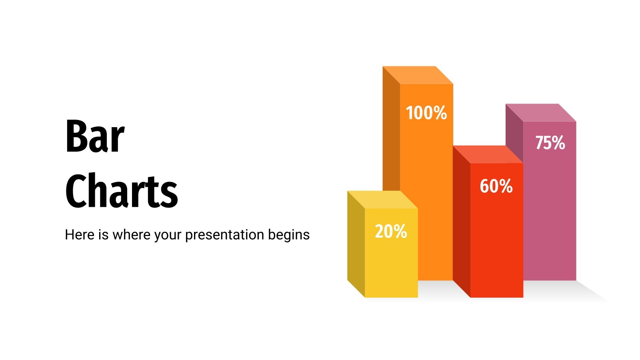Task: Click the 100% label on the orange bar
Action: click(x=426, y=113)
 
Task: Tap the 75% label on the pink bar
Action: click(x=550, y=143)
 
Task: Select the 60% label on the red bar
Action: click(x=496, y=186)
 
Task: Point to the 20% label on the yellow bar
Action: click(x=391, y=232)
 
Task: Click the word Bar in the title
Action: click(x=95, y=137)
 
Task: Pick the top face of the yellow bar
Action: click(x=382, y=200)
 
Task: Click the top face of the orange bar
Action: click(x=418, y=75)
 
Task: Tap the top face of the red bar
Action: click(x=488, y=154)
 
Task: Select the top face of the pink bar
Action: click(x=541, y=112)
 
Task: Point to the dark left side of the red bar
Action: click(x=462, y=222)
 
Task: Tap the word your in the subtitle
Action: click(x=168, y=235)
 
